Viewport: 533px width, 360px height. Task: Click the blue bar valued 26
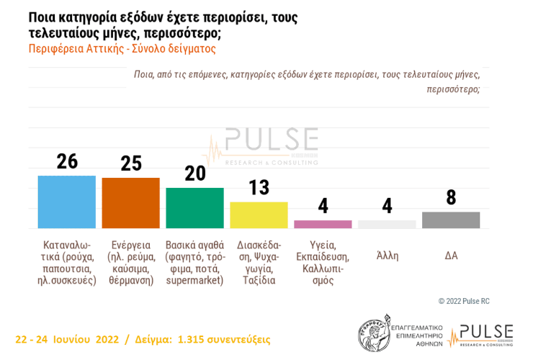coord(67,202)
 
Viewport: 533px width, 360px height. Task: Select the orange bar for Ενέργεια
coord(130,203)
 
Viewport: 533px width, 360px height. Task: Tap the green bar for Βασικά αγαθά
coord(194,208)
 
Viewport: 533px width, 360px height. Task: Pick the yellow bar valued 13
coord(259,215)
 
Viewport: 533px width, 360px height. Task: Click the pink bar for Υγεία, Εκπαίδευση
coord(323,224)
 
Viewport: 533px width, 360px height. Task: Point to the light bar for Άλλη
coord(387,224)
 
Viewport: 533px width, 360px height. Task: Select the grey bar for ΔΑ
coord(451,220)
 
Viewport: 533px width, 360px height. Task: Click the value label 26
coord(67,161)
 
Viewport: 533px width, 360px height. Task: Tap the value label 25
coord(130,163)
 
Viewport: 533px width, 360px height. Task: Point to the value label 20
coord(194,174)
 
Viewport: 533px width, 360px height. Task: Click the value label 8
coord(451,197)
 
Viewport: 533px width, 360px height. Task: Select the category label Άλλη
coord(387,256)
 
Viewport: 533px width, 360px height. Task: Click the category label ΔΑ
coord(451,256)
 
